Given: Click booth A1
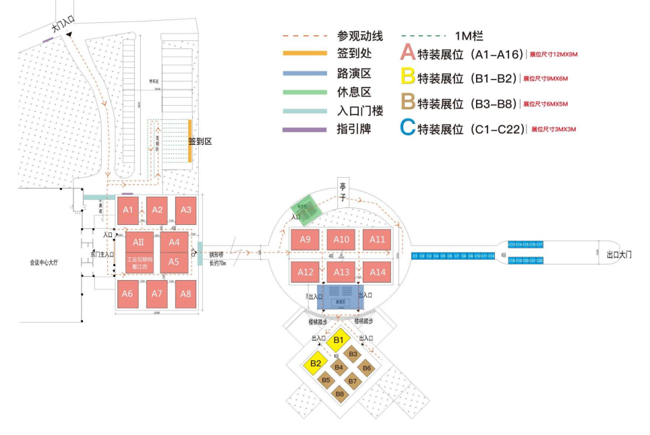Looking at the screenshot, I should [x=128, y=210].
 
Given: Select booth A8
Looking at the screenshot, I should [x=186, y=294].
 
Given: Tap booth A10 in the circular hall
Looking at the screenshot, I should [x=341, y=239].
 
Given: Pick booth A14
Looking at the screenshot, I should [x=378, y=272].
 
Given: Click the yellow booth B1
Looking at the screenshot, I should [x=339, y=339].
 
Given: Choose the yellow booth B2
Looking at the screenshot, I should [x=314, y=364].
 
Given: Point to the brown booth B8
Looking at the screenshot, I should [x=340, y=393].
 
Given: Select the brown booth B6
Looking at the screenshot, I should [x=366, y=368].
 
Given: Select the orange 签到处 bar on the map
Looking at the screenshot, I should [x=190, y=140].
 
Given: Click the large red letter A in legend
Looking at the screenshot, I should [x=409, y=54].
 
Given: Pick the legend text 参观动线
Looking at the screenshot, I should [x=360, y=36].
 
